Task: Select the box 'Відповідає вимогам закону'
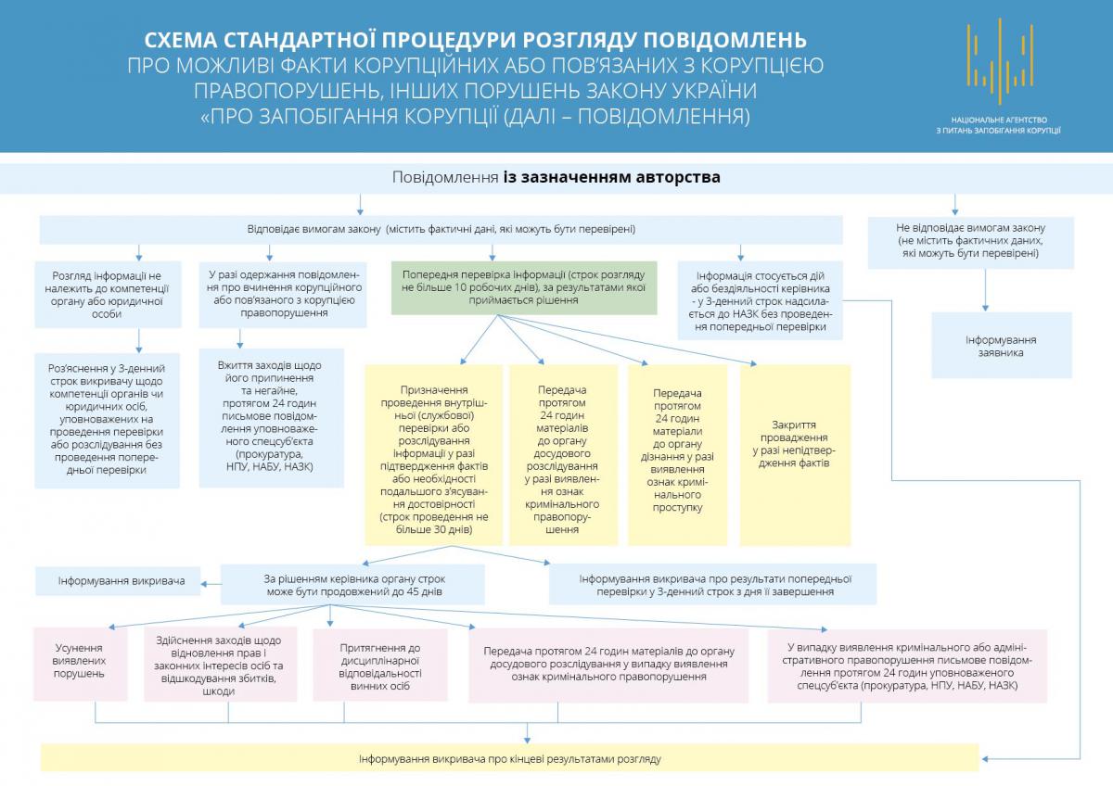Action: coord(441,229)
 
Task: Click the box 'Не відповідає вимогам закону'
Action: coord(971,240)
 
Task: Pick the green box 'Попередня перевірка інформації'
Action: coord(524,287)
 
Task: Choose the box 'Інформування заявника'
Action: coord(1001,346)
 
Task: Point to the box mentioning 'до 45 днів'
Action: coord(352,584)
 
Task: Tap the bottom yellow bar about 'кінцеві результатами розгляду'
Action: coord(510,759)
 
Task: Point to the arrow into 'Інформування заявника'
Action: coord(985,306)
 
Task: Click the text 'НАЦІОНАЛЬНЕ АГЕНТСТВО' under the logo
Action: coord(999,120)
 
